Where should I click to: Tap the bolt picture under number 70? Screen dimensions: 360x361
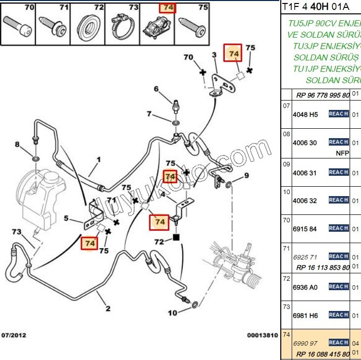click(x=18, y=26)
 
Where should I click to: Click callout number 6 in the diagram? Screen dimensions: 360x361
click(x=156, y=89)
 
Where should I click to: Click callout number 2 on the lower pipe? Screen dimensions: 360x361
click(x=108, y=309)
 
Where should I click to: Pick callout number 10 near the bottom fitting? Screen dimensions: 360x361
click(x=172, y=312)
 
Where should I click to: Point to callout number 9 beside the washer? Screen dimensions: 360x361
click(x=246, y=175)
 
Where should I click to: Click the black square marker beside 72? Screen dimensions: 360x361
click(x=176, y=238)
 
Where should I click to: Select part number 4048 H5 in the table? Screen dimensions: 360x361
click(x=307, y=115)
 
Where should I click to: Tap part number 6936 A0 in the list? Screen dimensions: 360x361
click(x=307, y=287)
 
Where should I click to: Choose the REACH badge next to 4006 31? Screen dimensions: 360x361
click(x=339, y=172)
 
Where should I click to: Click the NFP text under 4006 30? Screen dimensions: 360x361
click(x=342, y=153)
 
